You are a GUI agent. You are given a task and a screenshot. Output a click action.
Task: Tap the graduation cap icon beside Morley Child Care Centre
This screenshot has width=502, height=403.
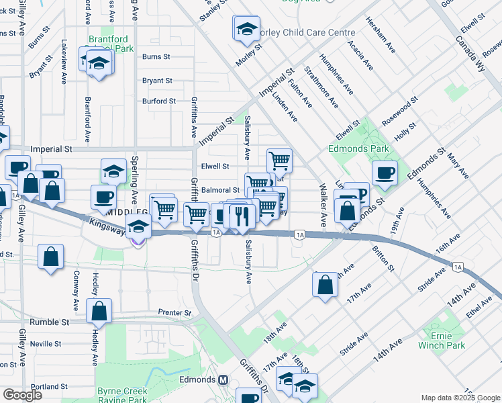click(x=246, y=28)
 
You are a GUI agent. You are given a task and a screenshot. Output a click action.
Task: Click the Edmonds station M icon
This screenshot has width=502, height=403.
click(x=223, y=379)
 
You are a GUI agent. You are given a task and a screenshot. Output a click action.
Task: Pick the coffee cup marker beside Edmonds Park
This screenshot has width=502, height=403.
click(x=385, y=173)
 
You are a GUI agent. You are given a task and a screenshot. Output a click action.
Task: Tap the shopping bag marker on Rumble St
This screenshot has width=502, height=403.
click(x=99, y=311)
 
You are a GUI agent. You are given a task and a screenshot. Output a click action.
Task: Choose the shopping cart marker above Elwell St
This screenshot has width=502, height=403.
click(x=279, y=160)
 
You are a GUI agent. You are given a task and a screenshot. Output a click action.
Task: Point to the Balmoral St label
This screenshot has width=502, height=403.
click(x=220, y=190)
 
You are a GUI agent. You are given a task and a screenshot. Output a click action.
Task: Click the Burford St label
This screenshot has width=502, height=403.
click(x=158, y=101)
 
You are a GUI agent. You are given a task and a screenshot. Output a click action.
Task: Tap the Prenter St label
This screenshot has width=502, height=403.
click(x=174, y=312)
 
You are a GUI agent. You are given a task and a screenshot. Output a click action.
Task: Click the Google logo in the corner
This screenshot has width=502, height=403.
click(x=22, y=394)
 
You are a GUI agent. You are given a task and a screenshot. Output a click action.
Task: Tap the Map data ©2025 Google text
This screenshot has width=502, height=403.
click(x=460, y=398)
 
